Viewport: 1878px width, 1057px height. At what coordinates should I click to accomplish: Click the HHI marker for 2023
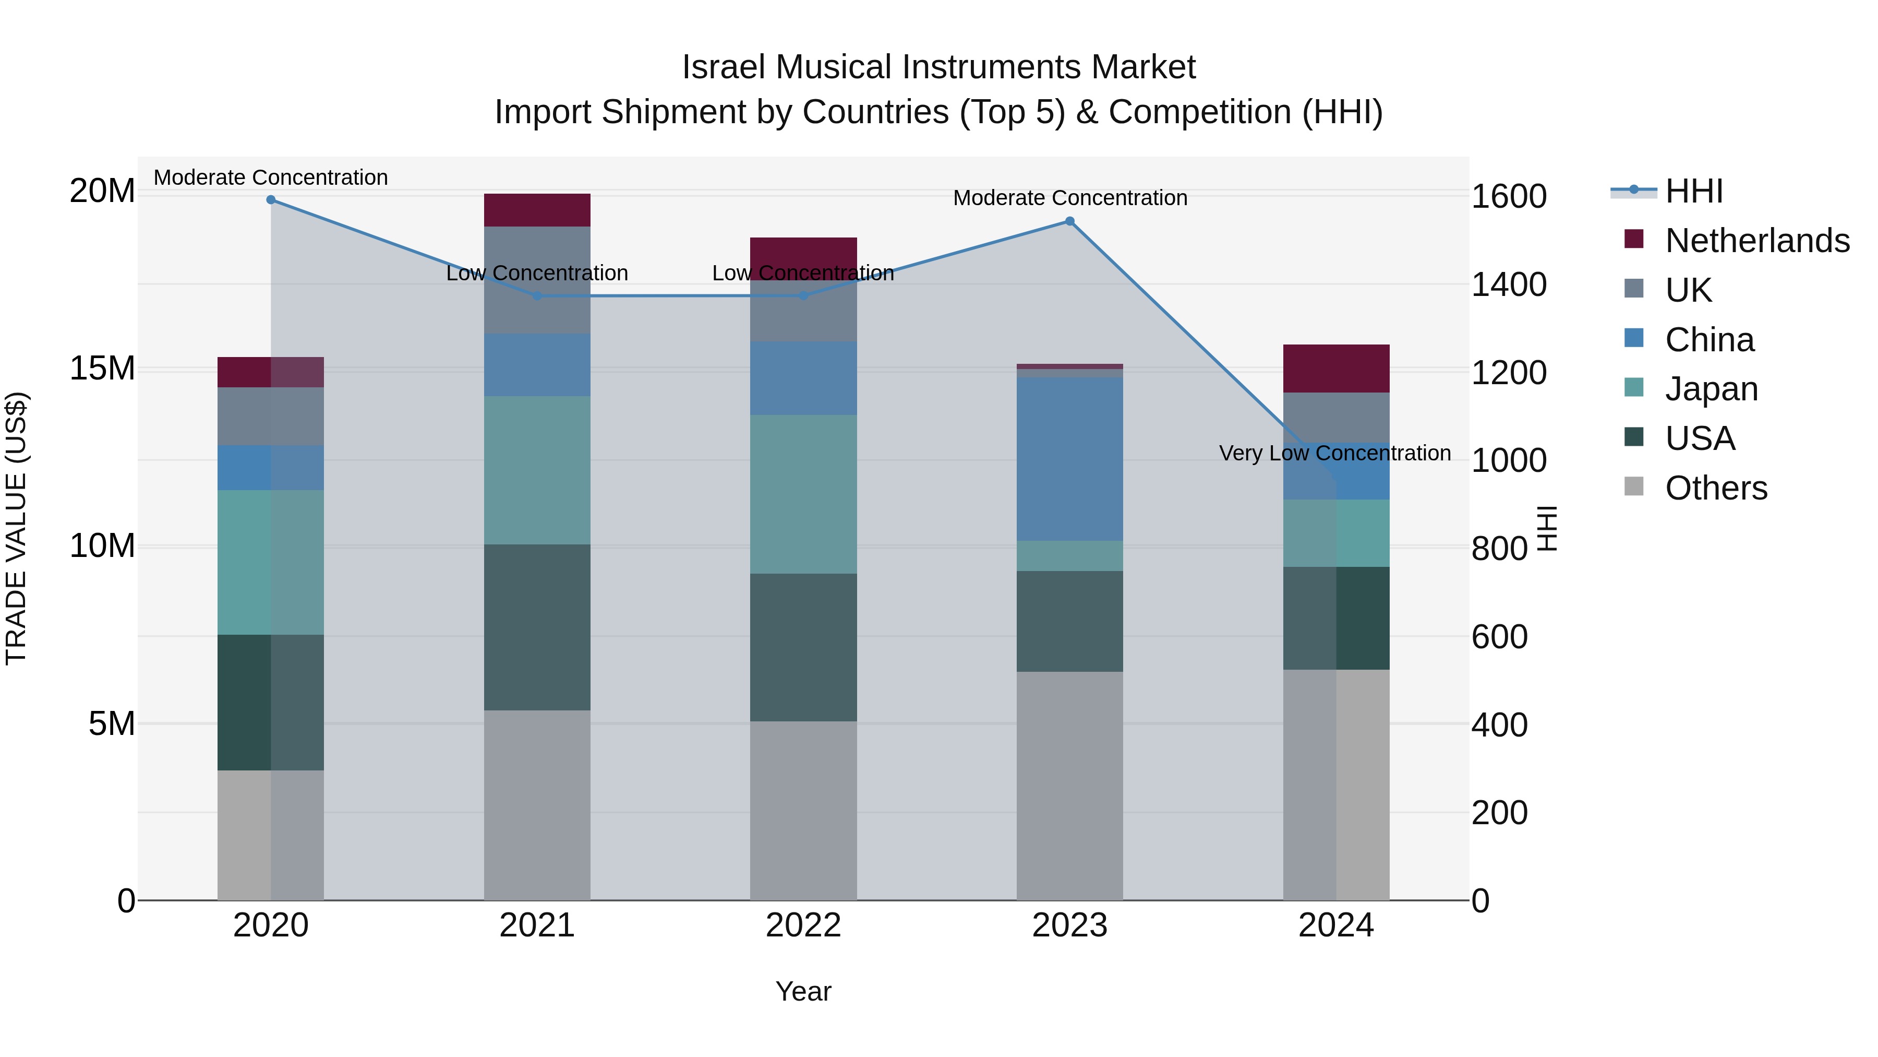click(1069, 221)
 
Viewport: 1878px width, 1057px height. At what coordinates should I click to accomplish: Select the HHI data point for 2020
click(270, 200)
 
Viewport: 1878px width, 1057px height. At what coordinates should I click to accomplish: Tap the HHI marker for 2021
click(537, 295)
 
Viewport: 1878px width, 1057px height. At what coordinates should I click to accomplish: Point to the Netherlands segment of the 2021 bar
click(537, 210)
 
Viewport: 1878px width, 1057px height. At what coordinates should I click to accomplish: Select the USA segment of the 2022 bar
click(803, 647)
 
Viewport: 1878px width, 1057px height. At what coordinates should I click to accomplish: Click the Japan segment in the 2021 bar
click(537, 470)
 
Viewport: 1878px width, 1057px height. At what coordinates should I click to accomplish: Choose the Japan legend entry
click(1711, 389)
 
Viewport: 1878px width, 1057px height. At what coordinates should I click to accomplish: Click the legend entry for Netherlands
click(1757, 241)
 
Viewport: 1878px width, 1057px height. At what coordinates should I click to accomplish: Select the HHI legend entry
click(1693, 191)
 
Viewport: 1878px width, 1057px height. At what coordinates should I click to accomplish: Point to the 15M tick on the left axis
click(103, 369)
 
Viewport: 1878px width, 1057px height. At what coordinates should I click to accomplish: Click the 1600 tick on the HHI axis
click(1508, 196)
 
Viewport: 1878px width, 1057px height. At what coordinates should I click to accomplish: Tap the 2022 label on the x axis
click(803, 925)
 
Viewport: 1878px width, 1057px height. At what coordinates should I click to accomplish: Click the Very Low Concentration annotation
click(1335, 453)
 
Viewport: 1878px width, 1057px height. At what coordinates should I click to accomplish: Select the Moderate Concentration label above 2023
click(1069, 198)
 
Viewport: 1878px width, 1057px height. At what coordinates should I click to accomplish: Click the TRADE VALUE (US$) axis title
click(16, 528)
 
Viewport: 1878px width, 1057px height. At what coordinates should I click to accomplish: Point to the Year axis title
click(803, 991)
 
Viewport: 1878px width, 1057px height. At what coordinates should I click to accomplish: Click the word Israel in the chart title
click(723, 67)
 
